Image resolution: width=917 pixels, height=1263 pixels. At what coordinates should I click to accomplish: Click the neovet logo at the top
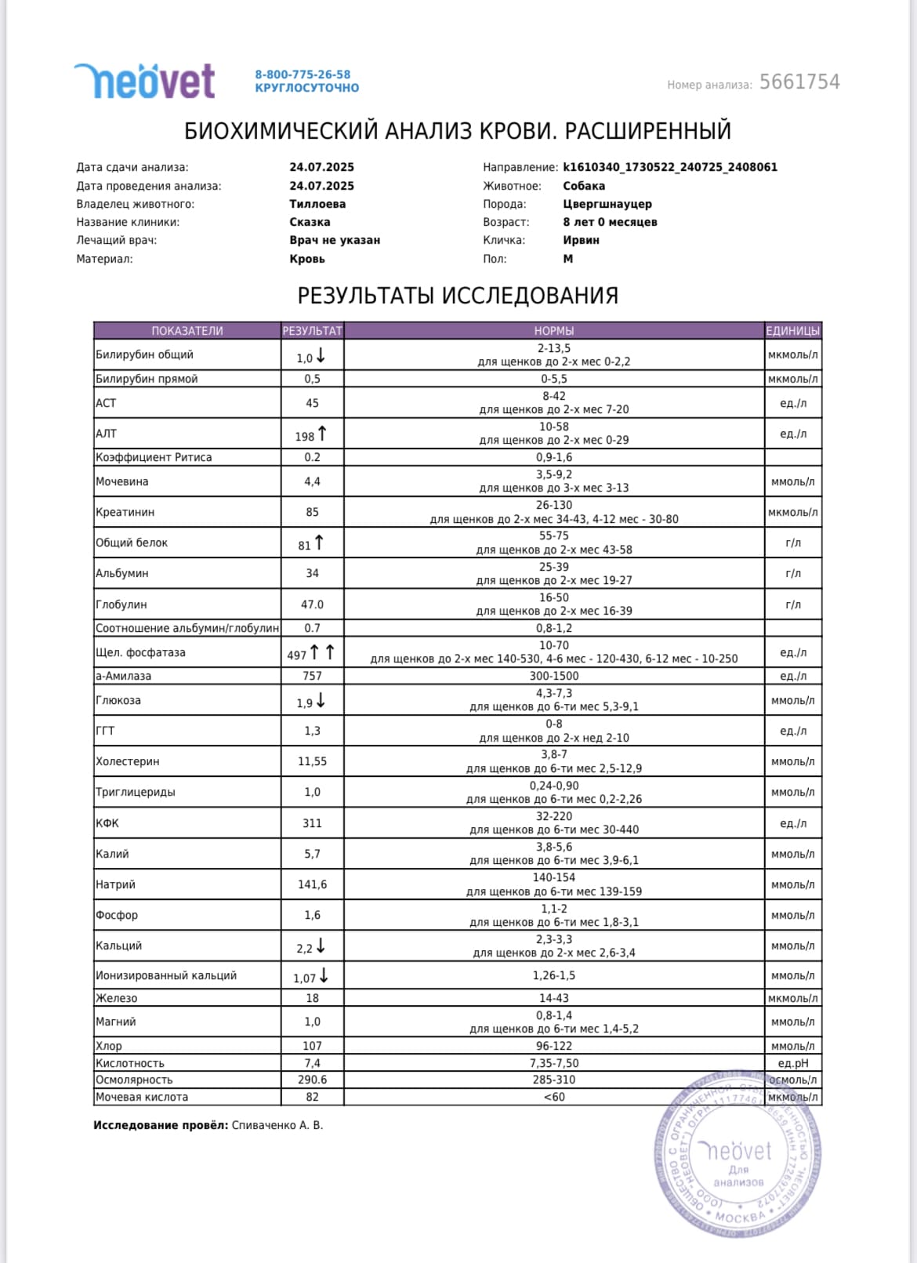click(x=145, y=81)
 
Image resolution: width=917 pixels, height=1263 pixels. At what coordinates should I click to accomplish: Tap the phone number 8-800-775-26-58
click(x=303, y=74)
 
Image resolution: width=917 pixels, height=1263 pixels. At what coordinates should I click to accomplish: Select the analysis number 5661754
click(x=799, y=82)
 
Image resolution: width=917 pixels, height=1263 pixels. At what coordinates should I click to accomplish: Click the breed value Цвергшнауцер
click(x=607, y=204)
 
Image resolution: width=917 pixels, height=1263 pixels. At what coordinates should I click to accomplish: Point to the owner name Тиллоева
click(x=317, y=204)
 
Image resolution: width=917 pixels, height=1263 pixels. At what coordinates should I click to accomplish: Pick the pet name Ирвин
click(x=581, y=240)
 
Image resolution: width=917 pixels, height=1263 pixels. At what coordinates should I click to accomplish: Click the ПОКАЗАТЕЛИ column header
click(x=187, y=331)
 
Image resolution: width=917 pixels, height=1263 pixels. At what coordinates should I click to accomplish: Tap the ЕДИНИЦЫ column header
click(x=792, y=331)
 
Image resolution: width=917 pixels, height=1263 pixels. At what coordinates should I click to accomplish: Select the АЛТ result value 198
click(x=305, y=436)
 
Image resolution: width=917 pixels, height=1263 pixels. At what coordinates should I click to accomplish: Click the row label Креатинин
click(x=125, y=512)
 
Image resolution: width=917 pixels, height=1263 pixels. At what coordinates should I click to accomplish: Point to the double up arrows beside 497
click(x=321, y=652)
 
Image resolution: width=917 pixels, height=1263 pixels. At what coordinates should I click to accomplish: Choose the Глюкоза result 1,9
click(x=305, y=703)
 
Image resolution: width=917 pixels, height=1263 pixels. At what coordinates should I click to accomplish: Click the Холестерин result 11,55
click(x=312, y=761)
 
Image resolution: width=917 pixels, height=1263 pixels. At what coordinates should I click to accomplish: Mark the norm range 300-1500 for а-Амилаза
click(x=553, y=676)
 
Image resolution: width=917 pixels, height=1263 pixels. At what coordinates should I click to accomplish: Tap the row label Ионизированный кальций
click(x=166, y=975)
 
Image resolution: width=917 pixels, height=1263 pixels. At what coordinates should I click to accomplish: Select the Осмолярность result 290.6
click(x=312, y=1080)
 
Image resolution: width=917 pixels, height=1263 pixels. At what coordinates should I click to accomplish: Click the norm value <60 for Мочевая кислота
click(x=553, y=1097)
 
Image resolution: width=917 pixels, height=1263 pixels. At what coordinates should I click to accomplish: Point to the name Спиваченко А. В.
click(x=277, y=1125)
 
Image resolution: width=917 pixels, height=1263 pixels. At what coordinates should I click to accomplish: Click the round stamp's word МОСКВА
click(x=740, y=1216)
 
